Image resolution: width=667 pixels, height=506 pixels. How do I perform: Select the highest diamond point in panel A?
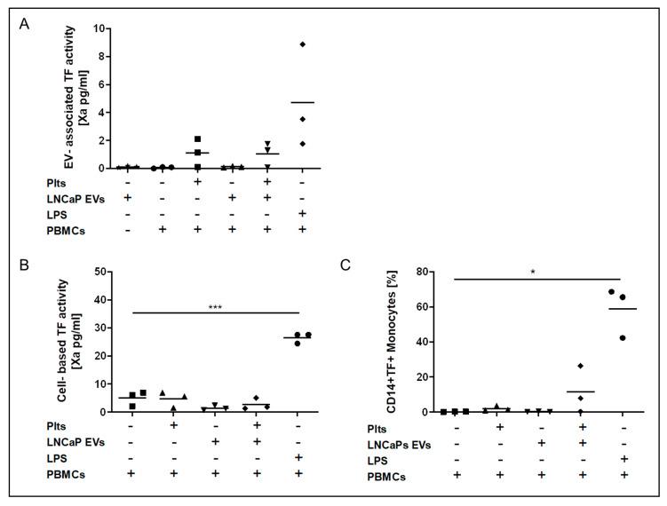303,44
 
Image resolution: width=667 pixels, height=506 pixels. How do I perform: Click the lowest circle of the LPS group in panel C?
597,337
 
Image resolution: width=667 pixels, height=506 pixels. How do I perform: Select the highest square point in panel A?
197,139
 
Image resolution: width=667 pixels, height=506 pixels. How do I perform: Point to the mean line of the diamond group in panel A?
303,102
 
